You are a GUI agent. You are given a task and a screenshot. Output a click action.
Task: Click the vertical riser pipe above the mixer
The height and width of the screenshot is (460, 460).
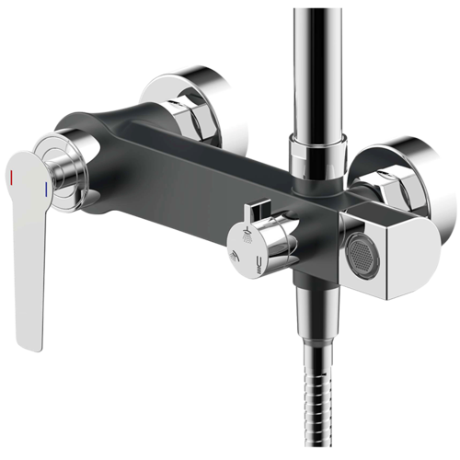[x=315, y=64]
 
